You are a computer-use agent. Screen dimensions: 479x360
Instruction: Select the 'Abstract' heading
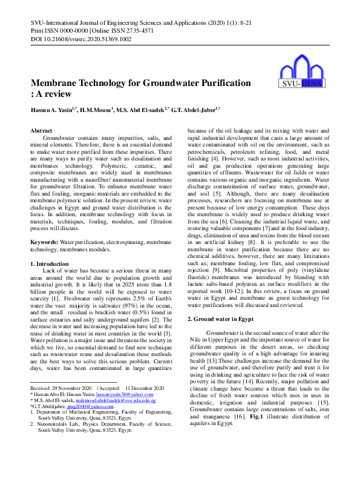point(41,130)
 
